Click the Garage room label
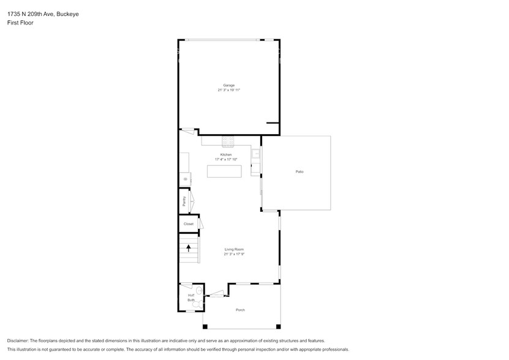pyautogui.click(x=228, y=85)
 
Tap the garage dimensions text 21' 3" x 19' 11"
pyautogui.click(x=228, y=90)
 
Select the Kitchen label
pyautogui.click(x=226, y=154)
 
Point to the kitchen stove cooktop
pyautogui.click(x=228, y=141)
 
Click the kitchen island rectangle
pyautogui.click(x=224, y=171)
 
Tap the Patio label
pyautogui.click(x=300, y=171)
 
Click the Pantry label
pyautogui.click(x=184, y=201)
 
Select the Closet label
pyautogui.click(x=189, y=224)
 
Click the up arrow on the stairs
pyautogui.click(x=189, y=248)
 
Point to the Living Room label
pyautogui.click(x=234, y=249)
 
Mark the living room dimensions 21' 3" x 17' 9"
pyautogui.click(x=234, y=254)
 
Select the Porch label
pyautogui.click(x=241, y=310)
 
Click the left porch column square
pyautogui.click(x=205, y=326)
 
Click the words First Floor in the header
pyautogui.click(x=21, y=23)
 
